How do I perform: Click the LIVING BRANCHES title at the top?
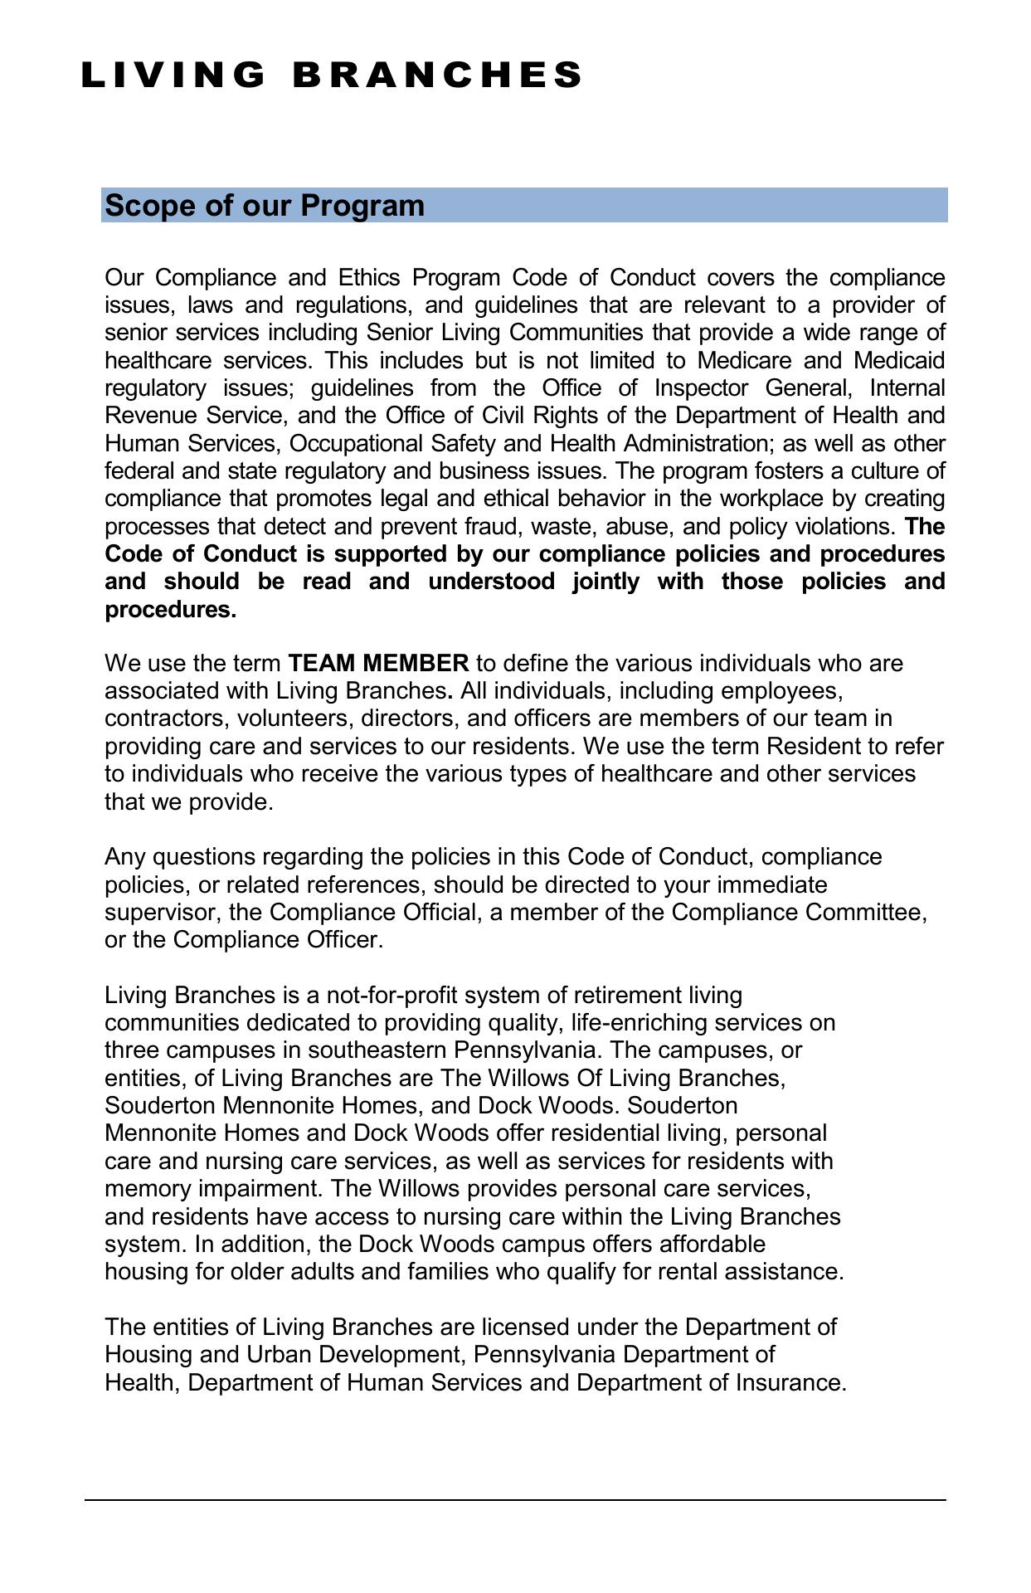[x=332, y=75]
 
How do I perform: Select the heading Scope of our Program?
[x=265, y=206]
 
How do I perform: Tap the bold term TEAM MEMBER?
[x=378, y=664]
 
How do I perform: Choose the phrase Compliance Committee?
[x=799, y=913]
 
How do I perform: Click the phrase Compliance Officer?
[x=276, y=940]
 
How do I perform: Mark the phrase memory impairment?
[x=212, y=1189]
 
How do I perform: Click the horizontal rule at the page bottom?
[x=514, y=1500]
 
